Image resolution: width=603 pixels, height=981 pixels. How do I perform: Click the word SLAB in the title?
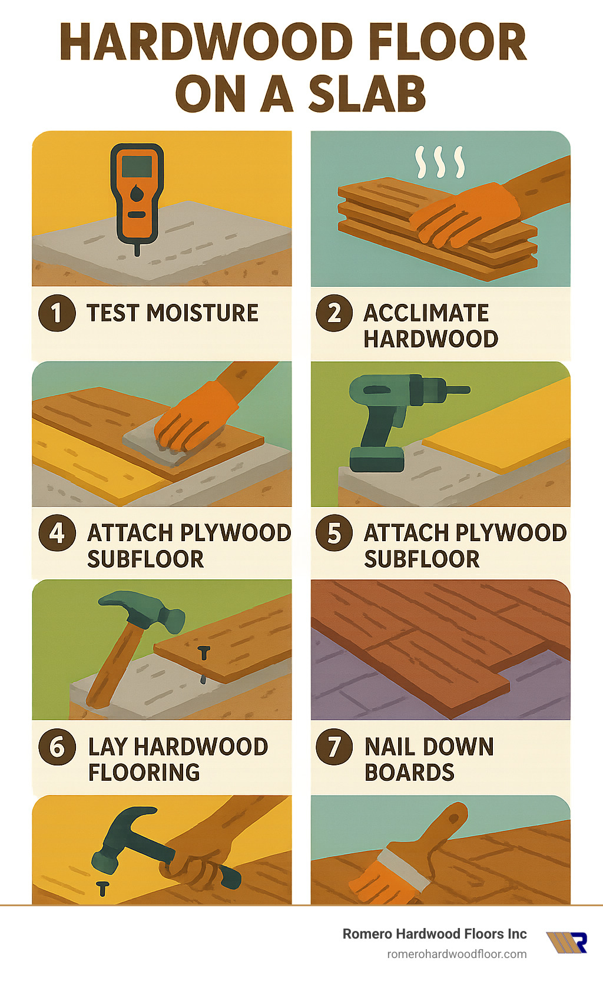coord(366,94)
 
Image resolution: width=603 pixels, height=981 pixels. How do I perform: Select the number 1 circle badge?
coord(57,313)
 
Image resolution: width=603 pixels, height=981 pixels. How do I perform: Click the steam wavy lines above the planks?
coord(439,162)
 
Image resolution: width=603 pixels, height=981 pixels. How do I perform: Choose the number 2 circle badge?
coord(334,313)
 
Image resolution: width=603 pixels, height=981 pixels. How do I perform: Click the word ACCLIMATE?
coord(426,313)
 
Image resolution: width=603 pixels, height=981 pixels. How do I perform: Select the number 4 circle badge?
coord(57,533)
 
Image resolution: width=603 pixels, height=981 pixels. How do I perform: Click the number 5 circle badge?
coord(334,533)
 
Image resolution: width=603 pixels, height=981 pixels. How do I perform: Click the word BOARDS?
coord(409,772)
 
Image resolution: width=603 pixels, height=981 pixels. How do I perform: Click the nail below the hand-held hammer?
coord(102,888)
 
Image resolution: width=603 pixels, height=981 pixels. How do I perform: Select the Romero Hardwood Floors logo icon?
coord(566,942)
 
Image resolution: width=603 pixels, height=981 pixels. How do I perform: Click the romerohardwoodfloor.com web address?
coord(456,954)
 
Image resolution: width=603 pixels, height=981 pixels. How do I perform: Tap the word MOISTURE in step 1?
coord(202,313)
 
